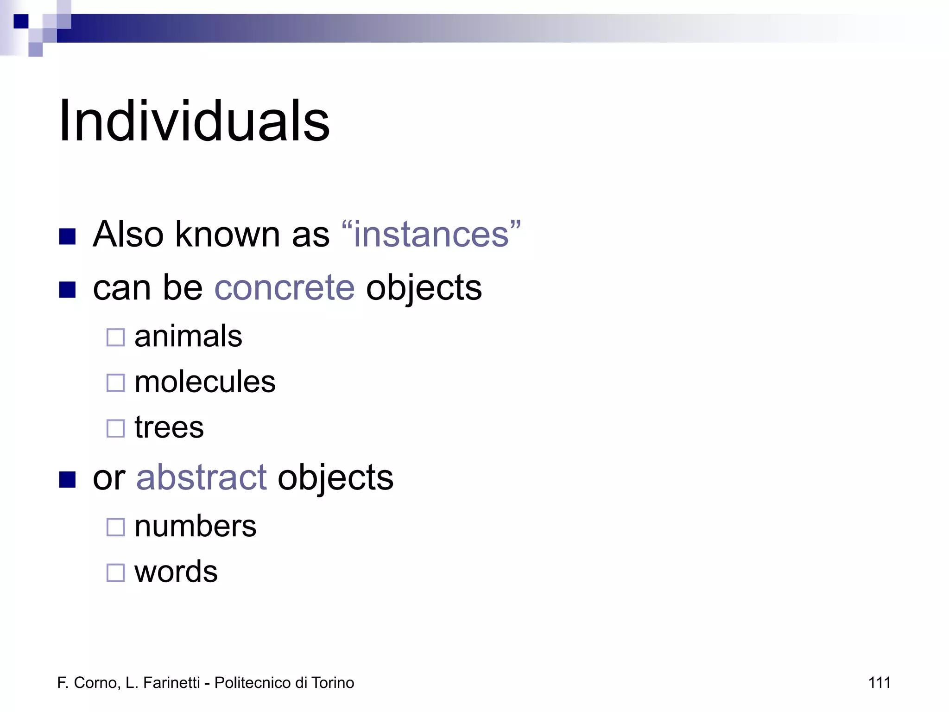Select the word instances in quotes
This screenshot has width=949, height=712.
431,234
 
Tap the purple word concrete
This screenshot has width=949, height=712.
285,287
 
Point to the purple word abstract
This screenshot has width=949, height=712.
201,477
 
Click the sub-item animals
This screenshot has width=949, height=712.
188,336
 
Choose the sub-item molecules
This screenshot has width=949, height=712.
205,382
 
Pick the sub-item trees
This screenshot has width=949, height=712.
169,427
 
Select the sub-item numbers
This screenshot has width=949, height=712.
195,526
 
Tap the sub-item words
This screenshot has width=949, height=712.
176,572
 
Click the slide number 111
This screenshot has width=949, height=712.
879,683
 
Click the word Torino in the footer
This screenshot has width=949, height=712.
333,683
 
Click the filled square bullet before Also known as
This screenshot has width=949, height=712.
68,236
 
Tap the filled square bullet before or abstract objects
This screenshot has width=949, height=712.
68,480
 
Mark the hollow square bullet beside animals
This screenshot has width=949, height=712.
116,337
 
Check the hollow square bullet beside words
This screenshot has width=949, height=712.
116,572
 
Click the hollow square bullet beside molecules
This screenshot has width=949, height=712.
116,383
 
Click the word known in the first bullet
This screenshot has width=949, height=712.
227,234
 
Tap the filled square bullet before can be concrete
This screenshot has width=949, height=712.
68,290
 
